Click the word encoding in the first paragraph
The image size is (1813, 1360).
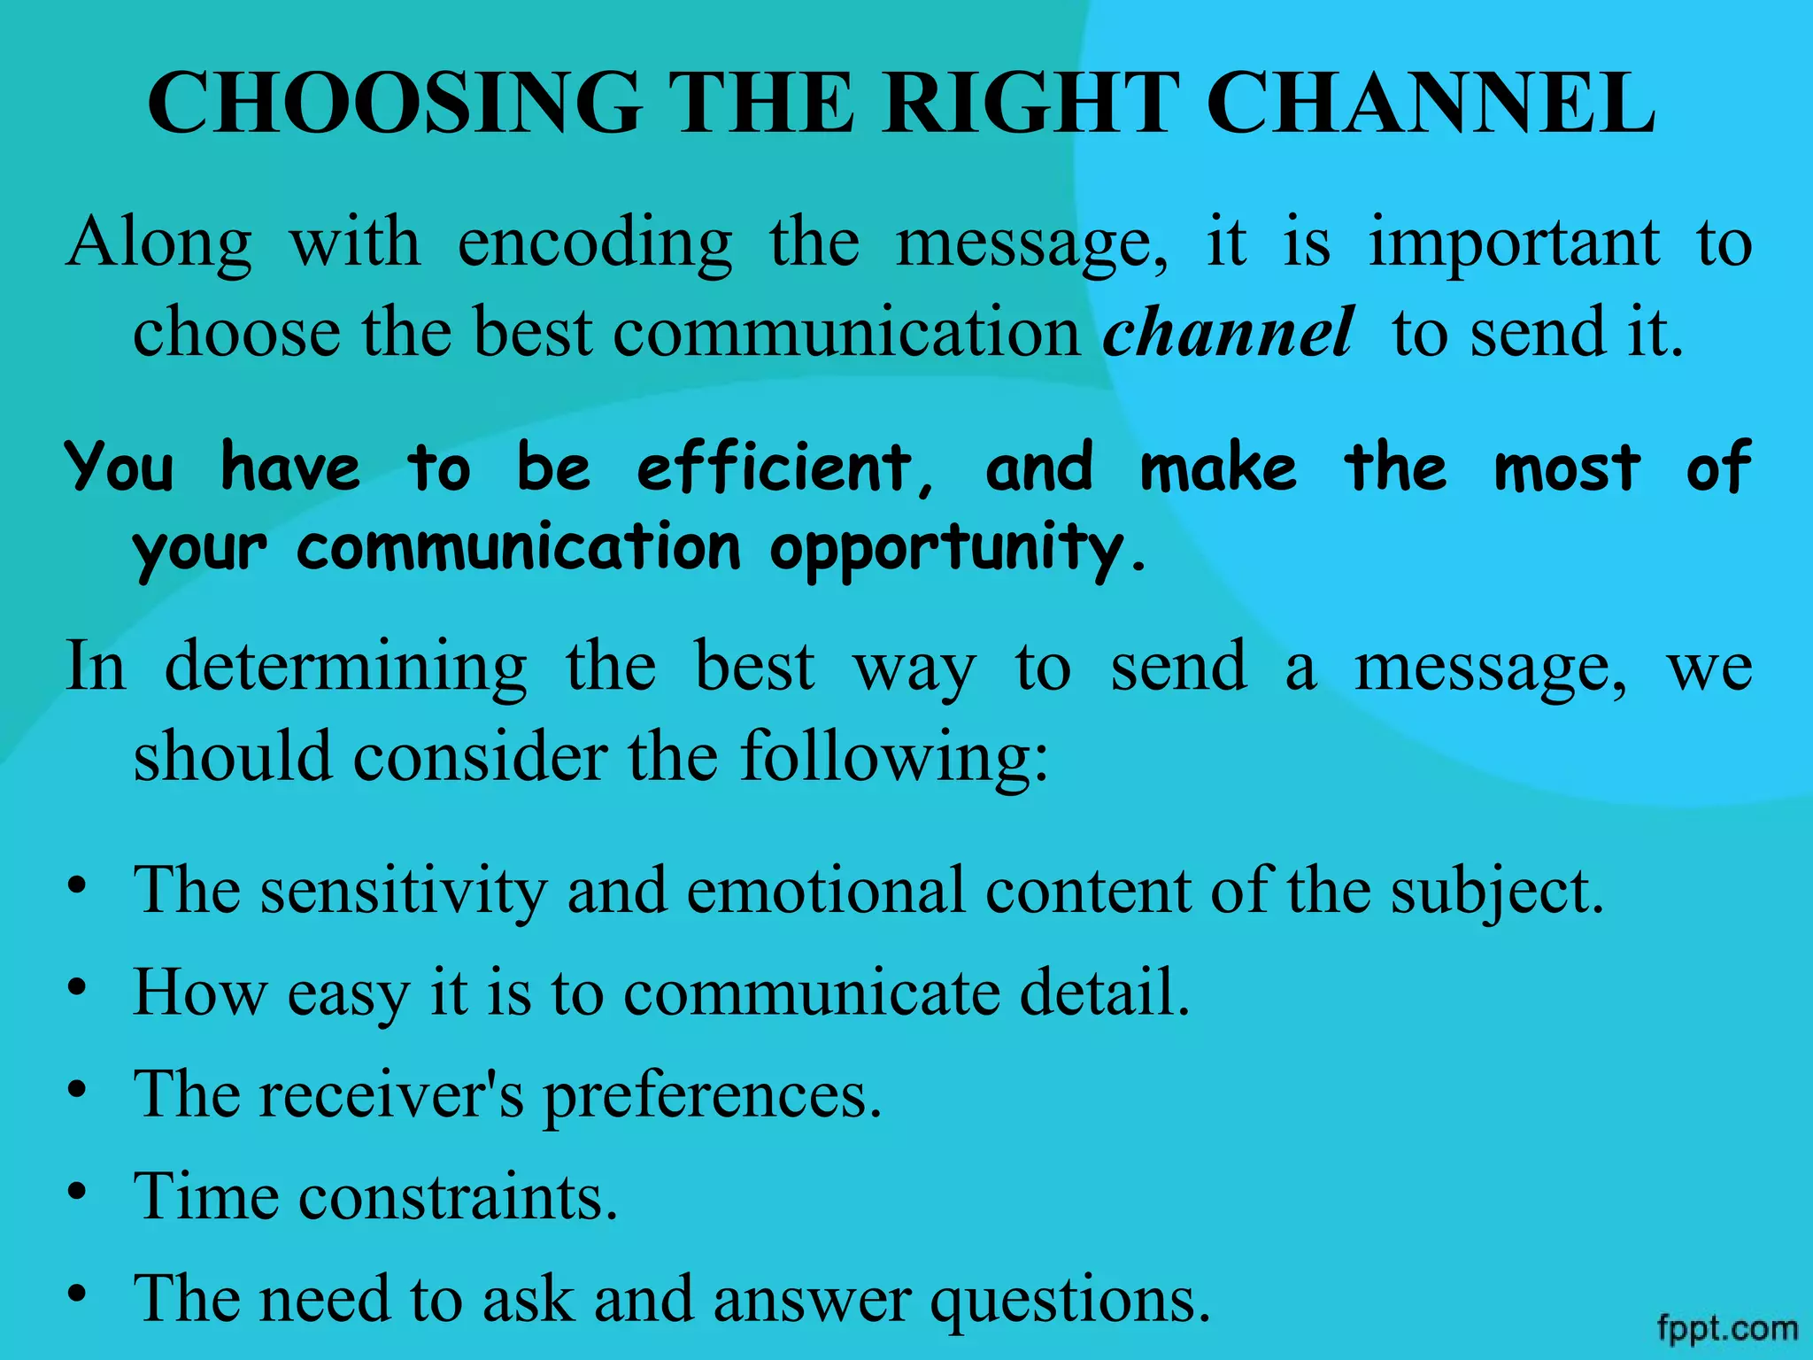click(595, 243)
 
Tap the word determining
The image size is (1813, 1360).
click(346, 666)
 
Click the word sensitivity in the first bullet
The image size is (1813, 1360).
click(404, 890)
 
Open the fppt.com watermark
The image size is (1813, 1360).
click(1727, 1329)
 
